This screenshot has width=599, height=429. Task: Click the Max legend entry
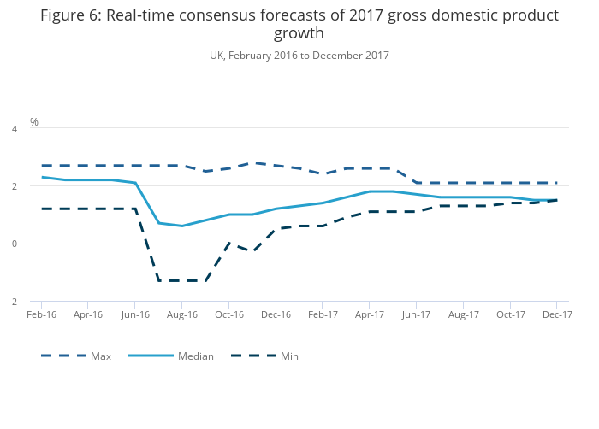coord(101,356)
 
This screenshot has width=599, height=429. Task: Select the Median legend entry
coord(195,356)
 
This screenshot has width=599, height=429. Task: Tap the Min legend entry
coord(289,356)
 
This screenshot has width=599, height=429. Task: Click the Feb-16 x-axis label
coord(41,314)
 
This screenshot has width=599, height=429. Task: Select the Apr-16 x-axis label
coord(87,314)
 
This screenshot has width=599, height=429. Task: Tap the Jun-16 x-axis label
coord(134,314)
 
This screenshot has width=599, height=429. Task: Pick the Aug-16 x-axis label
coord(181,314)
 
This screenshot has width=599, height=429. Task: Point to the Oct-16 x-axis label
coord(228,314)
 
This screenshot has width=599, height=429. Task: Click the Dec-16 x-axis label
coord(276,314)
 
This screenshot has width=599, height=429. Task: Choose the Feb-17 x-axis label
coord(323,314)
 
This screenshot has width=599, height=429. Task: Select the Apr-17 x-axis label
coord(369,314)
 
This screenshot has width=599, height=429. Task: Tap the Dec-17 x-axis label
coord(557,314)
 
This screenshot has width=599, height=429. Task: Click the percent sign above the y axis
coord(34,122)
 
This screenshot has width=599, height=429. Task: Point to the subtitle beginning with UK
coord(299,56)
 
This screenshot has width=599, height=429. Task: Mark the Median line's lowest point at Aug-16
coord(181,226)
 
